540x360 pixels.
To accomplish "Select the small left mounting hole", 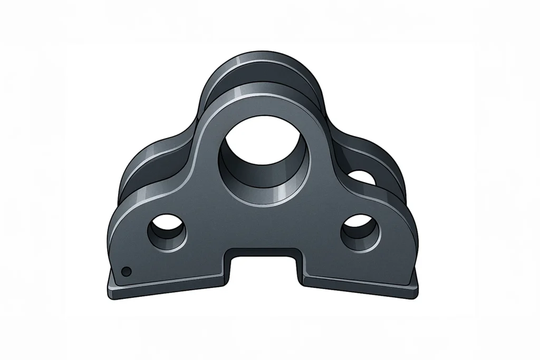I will tap(167, 232).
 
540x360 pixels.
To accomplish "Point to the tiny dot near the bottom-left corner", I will tap(126, 271).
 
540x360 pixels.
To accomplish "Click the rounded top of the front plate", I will tap(262, 98).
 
